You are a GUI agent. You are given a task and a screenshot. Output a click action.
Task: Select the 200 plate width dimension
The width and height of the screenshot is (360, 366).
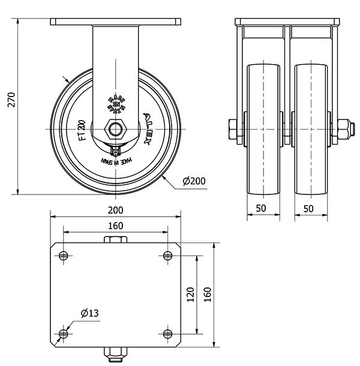(x=115, y=210)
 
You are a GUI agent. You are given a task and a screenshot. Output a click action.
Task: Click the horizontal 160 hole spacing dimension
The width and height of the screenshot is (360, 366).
(x=115, y=226)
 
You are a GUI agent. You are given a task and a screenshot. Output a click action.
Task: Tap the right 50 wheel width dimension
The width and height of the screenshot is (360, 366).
(x=309, y=208)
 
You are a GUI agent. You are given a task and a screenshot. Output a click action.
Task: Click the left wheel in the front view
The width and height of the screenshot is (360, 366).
(x=264, y=128)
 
